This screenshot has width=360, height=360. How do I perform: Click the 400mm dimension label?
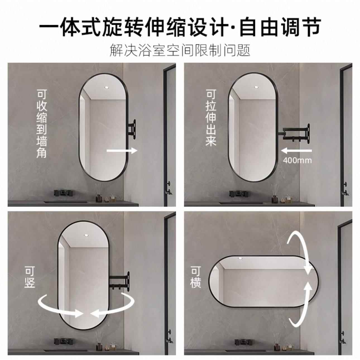[x=297, y=160]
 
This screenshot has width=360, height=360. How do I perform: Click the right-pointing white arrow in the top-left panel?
[x=122, y=151]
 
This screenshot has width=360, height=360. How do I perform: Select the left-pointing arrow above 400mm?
[x=296, y=151]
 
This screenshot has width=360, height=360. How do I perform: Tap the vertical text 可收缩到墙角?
[x=42, y=124]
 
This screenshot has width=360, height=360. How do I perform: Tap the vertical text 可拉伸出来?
[x=211, y=117]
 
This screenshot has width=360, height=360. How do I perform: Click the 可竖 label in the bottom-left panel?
[x=30, y=278]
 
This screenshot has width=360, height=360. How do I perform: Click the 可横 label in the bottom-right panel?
[x=196, y=277]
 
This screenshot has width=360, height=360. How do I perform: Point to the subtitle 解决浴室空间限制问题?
[x=180, y=50]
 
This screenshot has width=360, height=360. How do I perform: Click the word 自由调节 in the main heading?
[x=280, y=27]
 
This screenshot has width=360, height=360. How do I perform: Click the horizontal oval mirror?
[x=264, y=281]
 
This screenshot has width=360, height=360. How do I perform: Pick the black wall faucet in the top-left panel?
[x=64, y=193]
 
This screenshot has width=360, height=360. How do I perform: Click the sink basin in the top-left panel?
[x=66, y=201]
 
